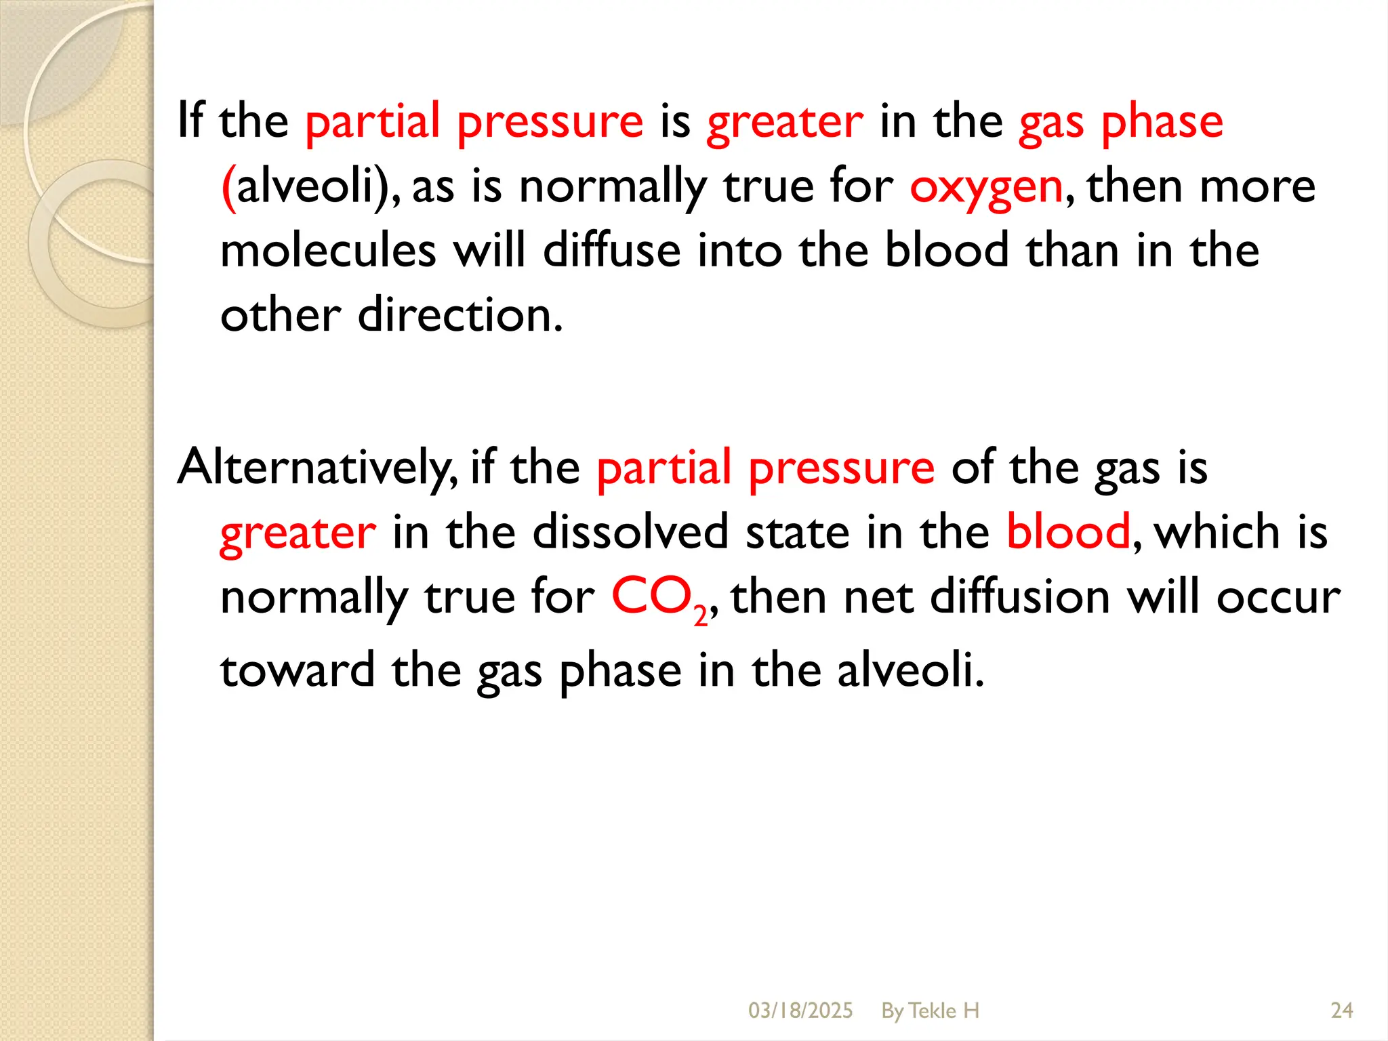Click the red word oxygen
tap(986, 188)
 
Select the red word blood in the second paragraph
tap(1068, 532)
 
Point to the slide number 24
tap(1341, 1011)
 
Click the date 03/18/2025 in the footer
tap(800, 1011)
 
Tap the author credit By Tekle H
tap(930, 1011)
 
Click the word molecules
tap(328, 251)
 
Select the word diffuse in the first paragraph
tap(611, 251)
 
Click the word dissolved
tap(630, 532)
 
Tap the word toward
tap(297, 670)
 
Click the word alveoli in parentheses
tap(305, 186)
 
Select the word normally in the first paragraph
tap(613, 188)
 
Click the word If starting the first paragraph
tap(190, 121)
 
